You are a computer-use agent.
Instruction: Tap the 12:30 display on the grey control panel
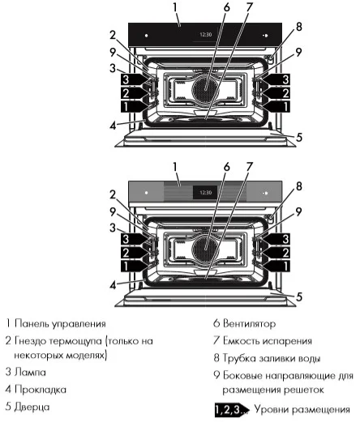click(x=205, y=194)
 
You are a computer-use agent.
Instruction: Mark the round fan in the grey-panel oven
click(x=204, y=244)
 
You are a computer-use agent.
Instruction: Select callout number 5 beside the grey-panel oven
click(x=299, y=297)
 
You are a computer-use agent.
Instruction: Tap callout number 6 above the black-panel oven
click(x=204, y=8)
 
